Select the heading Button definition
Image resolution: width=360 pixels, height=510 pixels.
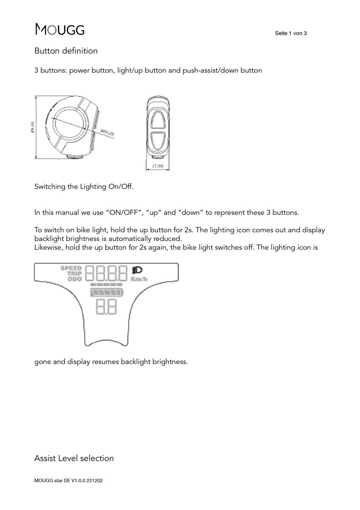click(x=66, y=51)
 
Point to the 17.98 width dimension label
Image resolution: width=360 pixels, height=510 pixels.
click(x=158, y=166)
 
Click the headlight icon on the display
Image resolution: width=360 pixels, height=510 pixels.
click(x=137, y=270)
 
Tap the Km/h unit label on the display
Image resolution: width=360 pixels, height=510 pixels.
click(x=139, y=279)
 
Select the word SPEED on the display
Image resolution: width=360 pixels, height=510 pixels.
click(x=71, y=268)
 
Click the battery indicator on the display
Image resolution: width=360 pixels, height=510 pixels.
click(x=106, y=292)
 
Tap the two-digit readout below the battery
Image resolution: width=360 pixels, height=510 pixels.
click(x=106, y=306)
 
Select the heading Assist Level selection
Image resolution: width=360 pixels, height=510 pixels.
click(x=74, y=458)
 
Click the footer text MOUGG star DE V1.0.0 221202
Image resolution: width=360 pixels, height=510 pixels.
click(x=68, y=482)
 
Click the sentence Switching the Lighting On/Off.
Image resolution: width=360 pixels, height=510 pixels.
click(x=84, y=187)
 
